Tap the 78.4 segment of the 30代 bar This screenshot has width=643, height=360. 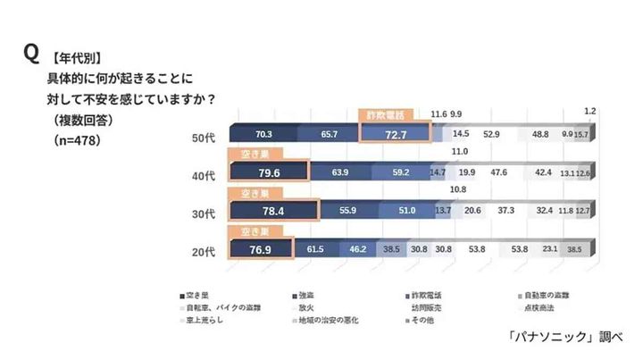[x=273, y=212]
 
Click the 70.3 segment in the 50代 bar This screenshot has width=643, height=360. [x=263, y=133]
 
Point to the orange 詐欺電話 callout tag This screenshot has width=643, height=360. [x=387, y=115]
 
